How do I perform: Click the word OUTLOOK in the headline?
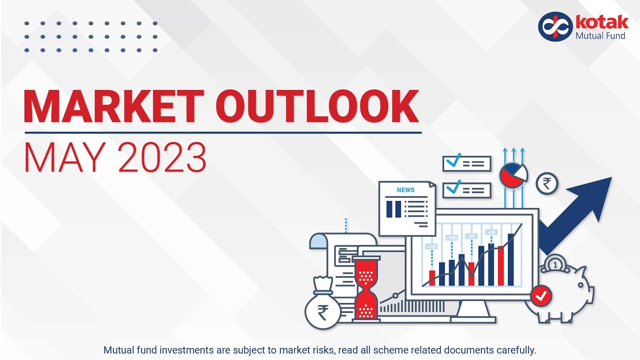318,107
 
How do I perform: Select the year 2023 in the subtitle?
162,157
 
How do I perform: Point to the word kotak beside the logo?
602,22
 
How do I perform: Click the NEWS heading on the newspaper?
405,190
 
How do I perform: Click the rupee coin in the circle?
547,184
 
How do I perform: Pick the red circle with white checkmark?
540,296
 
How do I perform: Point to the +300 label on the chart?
451,237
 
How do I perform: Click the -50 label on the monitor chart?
471,236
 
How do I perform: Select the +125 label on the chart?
431,246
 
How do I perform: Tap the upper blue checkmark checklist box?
466,163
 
